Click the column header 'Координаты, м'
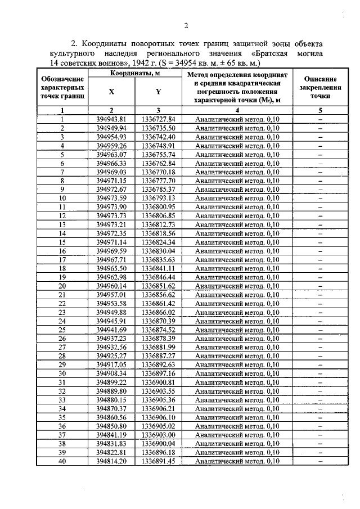pos(135,74)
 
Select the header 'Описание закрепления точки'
pos(319,88)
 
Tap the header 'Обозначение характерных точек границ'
pos(63,88)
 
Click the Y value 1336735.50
pos(159,128)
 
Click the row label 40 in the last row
pos(63,461)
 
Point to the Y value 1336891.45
pos(159,461)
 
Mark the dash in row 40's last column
pos(319,461)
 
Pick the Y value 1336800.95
pos(159,206)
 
